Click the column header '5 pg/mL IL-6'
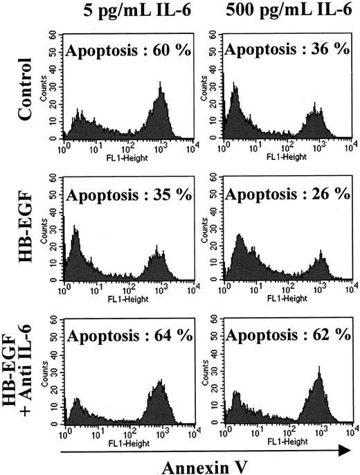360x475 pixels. click(116, 12)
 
